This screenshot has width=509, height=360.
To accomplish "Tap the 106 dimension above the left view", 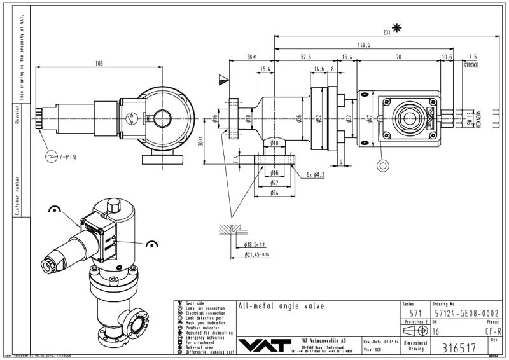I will click(x=99, y=63).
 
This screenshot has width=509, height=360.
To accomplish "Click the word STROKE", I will click(x=470, y=65).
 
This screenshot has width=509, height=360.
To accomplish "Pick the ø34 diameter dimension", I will click(x=274, y=193).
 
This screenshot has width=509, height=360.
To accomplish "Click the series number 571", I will click(x=415, y=313).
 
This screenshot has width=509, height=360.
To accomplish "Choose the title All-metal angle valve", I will click(x=281, y=306).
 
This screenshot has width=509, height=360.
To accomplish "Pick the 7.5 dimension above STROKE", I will click(x=471, y=57).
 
